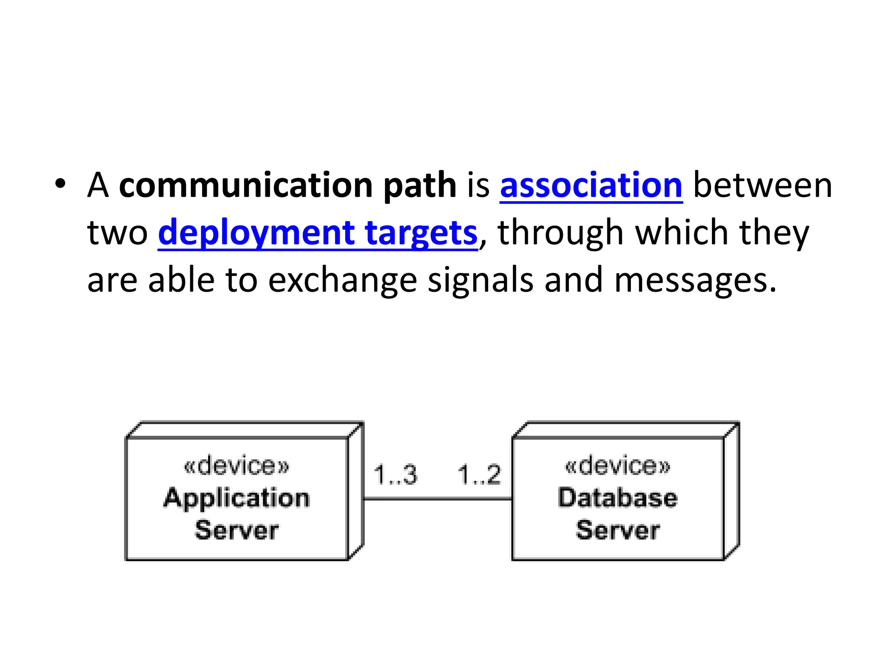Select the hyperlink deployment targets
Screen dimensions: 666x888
(317, 233)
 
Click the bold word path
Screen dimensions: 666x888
(420, 186)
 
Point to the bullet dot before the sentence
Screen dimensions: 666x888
(60, 184)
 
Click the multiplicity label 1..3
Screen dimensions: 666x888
(395, 474)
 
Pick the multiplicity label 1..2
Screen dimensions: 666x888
(479, 474)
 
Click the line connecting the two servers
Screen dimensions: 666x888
(437, 499)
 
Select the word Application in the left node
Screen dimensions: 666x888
(237, 498)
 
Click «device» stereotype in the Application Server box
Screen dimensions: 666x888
(237, 466)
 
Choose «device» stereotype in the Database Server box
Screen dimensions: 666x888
(617, 466)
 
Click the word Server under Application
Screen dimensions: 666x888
(237, 530)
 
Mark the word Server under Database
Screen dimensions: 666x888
(617, 530)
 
